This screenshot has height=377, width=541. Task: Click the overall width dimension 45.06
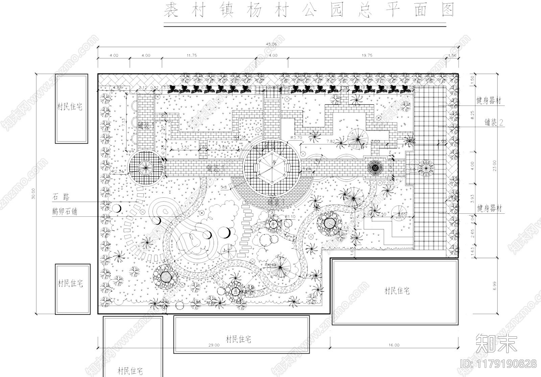pyautogui.click(x=271, y=44)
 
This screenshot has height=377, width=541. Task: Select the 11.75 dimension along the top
pyautogui.click(x=191, y=55)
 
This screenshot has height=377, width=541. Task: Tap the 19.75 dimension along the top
pyautogui.click(x=367, y=55)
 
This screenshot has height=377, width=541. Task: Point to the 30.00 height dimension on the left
pyautogui.click(x=33, y=194)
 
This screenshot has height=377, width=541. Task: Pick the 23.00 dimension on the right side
pyautogui.click(x=495, y=166)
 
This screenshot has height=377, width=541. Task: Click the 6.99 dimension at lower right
pyautogui.click(x=495, y=286)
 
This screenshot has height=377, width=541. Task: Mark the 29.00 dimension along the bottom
pyautogui.click(x=214, y=345)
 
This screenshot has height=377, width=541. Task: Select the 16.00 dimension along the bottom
pyautogui.click(x=394, y=345)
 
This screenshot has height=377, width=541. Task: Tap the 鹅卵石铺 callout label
pyautogui.click(x=65, y=212)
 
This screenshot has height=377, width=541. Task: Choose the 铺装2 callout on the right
pyautogui.click(x=494, y=122)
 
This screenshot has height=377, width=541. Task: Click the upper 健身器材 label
pyautogui.click(x=489, y=100)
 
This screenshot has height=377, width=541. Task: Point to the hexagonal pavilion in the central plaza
pyautogui.click(x=272, y=167)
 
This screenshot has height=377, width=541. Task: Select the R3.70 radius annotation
pyautogui.click(x=296, y=138)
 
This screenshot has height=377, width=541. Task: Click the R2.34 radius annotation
pyautogui.click(x=118, y=172)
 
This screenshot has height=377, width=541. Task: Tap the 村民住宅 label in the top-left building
pyautogui.click(x=70, y=107)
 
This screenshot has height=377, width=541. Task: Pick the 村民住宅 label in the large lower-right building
pyautogui.click(x=397, y=291)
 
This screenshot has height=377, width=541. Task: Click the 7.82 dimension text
pyautogui.click(x=331, y=141)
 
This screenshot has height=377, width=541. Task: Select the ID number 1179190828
pyautogui.click(x=499, y=364)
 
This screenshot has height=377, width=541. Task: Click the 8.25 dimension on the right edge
pyautogui.click(x=473, y=115)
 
